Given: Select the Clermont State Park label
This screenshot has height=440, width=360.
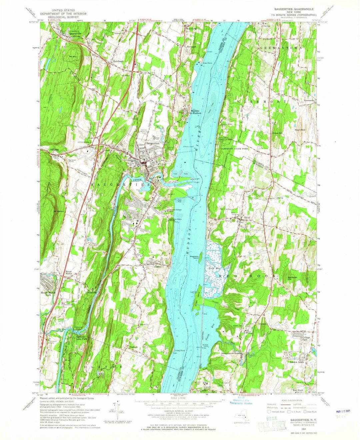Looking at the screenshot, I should (x=233, y=148).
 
